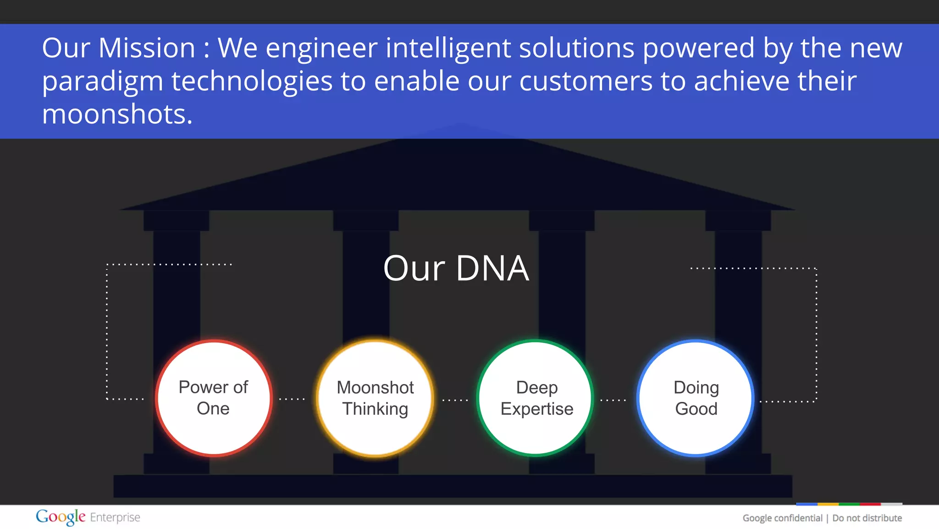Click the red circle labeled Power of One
(x=213, y=398)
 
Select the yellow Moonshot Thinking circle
(x=375, y=398)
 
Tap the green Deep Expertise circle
(x=536, y=398)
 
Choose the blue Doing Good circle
(x=696, y=398)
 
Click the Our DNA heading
(x=456, y=268)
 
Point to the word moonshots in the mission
(x=117, y=114)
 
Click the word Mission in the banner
(x=147, y=48)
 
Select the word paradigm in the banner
(x=102, y=82)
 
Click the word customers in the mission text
(x=585, y=81)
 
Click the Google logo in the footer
(x=61, y=517)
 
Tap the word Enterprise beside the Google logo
(x=115, y=518)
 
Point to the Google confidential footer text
(x=782, y=518)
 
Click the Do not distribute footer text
(x=867, y=518)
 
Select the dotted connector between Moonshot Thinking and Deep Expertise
(x=455, y=400)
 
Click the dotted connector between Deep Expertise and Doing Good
(x=613, y=400)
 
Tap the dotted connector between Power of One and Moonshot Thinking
(x=292, y=399)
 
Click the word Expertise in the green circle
(x=537, y=409)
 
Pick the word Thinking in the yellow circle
(x=375, y=409)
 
